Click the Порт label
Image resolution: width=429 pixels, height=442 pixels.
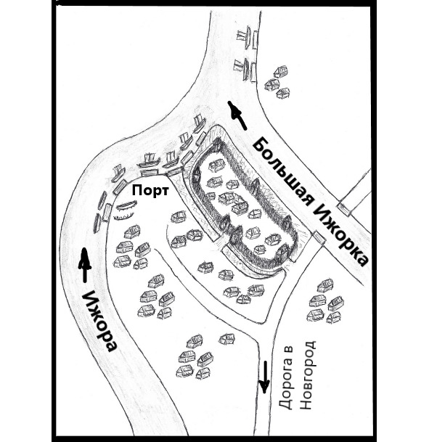click(150, 191)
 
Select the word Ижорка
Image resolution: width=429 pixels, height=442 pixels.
click(340, 236)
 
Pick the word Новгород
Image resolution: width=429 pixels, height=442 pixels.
click(307, 375)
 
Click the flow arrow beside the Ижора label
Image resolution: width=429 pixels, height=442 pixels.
click(85, 265)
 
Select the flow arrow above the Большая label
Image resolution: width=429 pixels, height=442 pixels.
click(237, 115)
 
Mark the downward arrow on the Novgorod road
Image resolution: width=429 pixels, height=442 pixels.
click(264, 377)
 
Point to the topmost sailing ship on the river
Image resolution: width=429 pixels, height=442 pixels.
click(246, 36)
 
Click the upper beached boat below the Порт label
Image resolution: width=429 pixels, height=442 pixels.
click(126, 205)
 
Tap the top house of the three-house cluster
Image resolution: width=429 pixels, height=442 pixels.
click(281, 71)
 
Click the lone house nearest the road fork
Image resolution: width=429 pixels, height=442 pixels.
click(226, 339)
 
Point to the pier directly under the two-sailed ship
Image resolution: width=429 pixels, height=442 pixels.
click(150, 172)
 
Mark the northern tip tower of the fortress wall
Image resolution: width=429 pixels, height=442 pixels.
click(217, 142)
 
